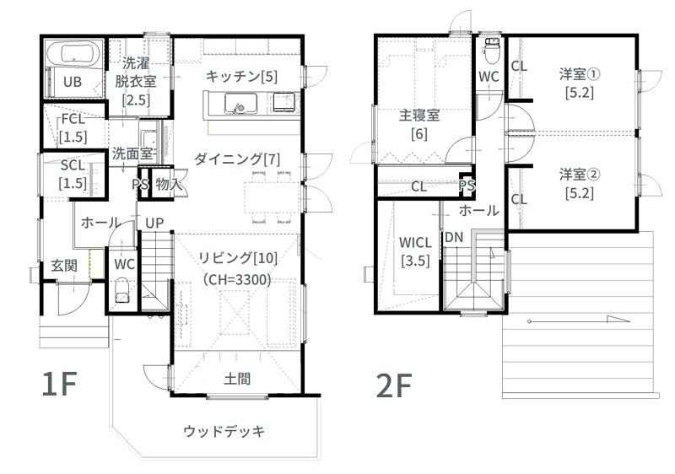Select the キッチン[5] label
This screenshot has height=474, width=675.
241,77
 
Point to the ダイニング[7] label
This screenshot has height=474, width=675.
237,159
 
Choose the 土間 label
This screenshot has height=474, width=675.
237,379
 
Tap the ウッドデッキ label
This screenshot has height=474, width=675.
224,431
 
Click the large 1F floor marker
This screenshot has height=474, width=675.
59,383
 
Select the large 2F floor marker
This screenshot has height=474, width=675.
394,385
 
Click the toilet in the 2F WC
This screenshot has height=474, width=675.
491,51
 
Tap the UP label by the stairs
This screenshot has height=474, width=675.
154,223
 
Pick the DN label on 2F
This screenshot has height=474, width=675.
454,237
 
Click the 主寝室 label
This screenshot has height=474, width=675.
419,116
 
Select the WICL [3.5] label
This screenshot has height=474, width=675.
415,251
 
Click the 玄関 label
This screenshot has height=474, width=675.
64,266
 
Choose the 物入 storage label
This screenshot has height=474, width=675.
168,185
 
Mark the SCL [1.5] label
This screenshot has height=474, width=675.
73,175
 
